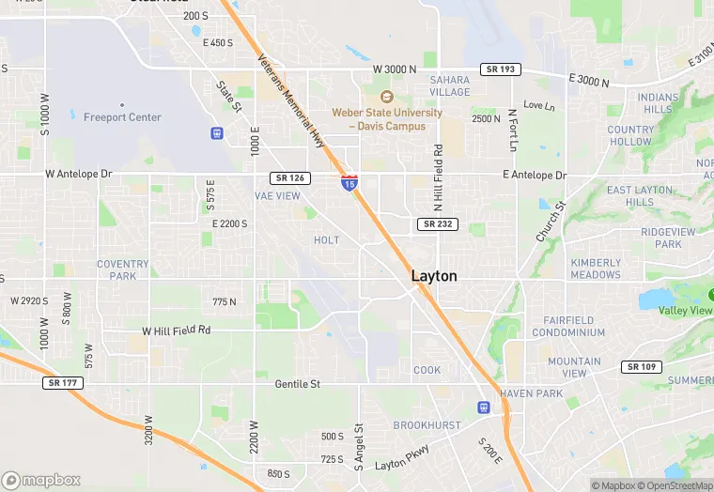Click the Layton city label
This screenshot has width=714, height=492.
click(434, 277)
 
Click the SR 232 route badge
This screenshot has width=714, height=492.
click(438, 223)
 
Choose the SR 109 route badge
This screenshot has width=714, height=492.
click(643, 367)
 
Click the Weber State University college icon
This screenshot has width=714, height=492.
click(386, 97)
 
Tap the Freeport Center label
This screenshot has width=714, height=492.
click(122, 117)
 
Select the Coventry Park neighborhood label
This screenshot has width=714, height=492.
click(123, 269)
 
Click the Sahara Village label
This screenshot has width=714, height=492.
click(449, 86)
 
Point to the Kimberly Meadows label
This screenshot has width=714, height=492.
click(596, 269)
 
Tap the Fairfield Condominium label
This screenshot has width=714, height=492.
click(568, 327)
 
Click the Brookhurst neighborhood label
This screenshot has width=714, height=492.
click(427, 425)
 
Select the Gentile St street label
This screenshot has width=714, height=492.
click(298, 384)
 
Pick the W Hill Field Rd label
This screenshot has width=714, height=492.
click(177, 331)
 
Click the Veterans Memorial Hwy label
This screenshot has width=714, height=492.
click(290, 99)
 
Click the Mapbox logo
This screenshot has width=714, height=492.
click(41, 480)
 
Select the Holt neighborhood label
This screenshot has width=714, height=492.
click(327, 240)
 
